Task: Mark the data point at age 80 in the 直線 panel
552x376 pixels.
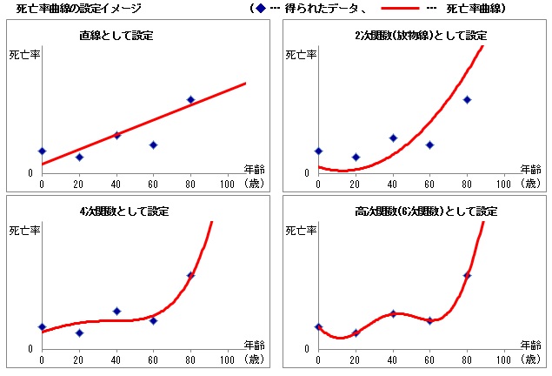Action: pyautogui.click(x=190, y=100)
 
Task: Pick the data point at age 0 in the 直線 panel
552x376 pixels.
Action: pyautogui.click(x=42, y=151)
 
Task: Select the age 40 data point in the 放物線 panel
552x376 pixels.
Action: pyautogui.click(x=393, y=138)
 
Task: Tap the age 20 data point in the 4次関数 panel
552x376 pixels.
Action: pyautogui.click(x=79, y=332)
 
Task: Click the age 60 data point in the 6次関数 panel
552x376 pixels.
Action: pyautogui.click(x=429, y=320)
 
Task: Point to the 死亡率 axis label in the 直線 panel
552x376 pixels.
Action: pyautogui.click(x=23, y=55)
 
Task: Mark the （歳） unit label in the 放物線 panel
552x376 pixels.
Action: pyautogui.click(x=530, y=184)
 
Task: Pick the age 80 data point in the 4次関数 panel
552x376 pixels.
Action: pyautogui.click(x=190, y=275)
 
